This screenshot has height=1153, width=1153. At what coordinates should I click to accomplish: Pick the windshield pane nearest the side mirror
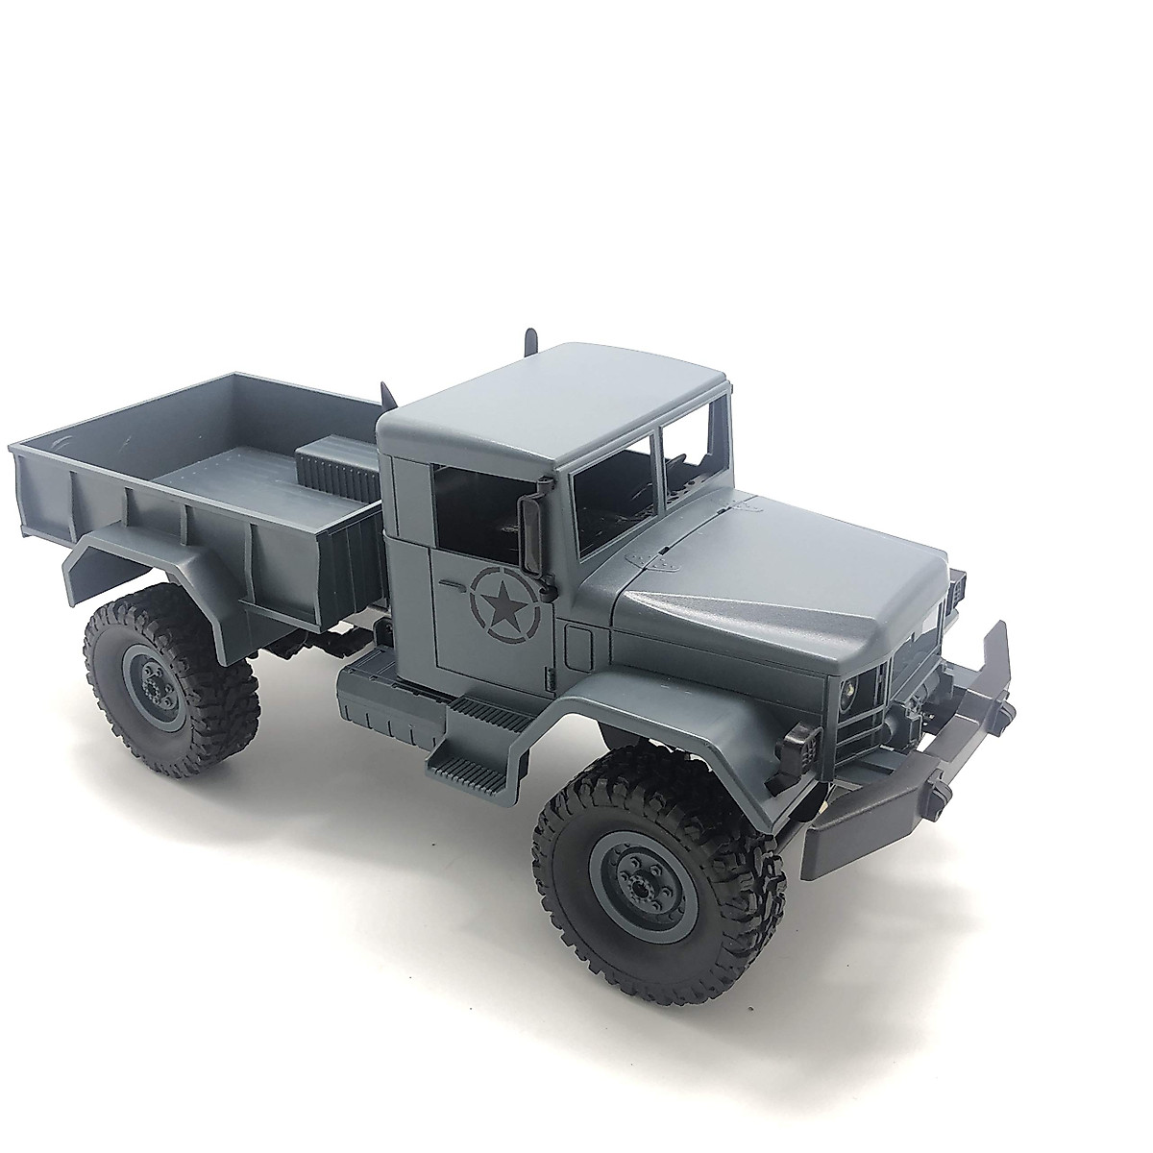[615, 480]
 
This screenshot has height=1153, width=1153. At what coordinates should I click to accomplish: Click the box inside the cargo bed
[341, 461]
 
